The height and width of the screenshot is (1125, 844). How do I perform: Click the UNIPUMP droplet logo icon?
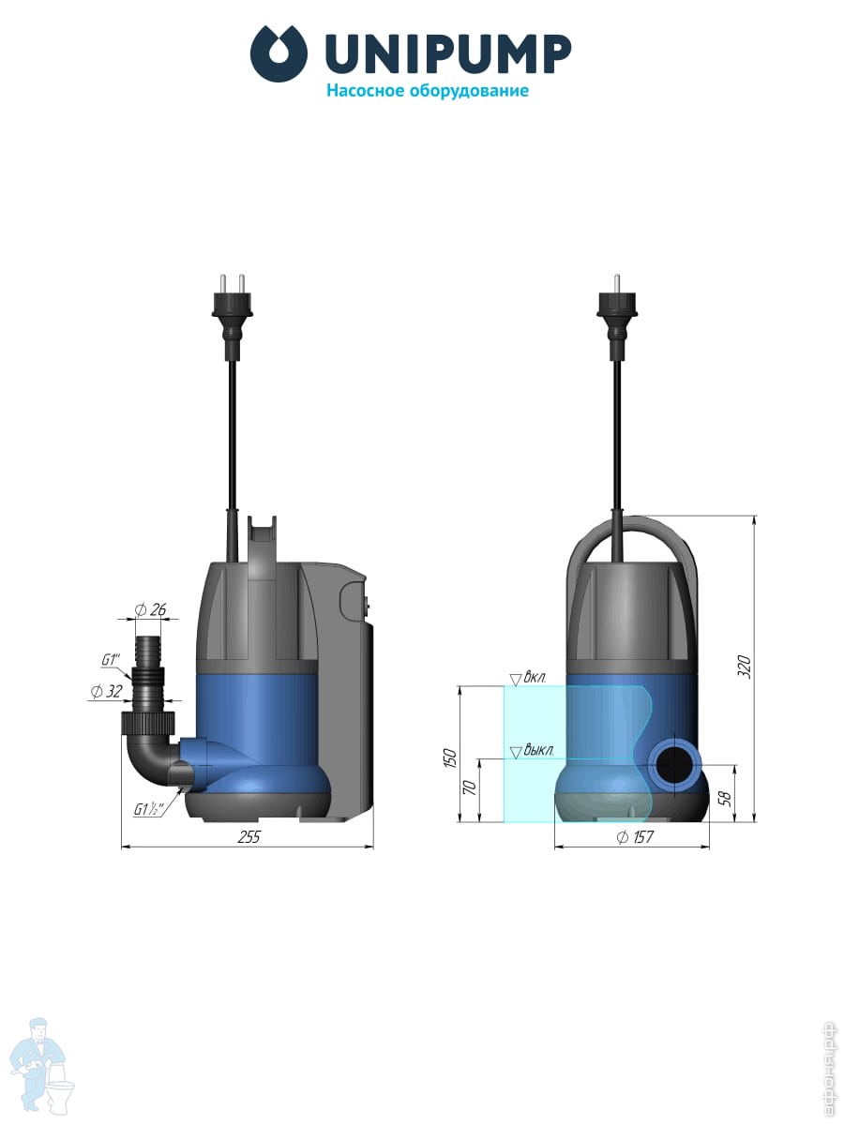[279, 53]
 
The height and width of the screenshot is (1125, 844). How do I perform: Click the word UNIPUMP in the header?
[448, 53]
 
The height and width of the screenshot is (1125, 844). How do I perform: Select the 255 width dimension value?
[249, 836]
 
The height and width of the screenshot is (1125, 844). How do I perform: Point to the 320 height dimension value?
[744, 667]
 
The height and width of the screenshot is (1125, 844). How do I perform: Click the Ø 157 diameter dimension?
[635, 836]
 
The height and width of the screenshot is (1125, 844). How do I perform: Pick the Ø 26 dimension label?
[150, 609]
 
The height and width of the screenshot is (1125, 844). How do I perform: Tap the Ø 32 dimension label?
[107, 691]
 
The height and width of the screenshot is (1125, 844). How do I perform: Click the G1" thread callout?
[110, 660]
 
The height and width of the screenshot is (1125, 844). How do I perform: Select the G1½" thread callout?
[148, 809]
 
